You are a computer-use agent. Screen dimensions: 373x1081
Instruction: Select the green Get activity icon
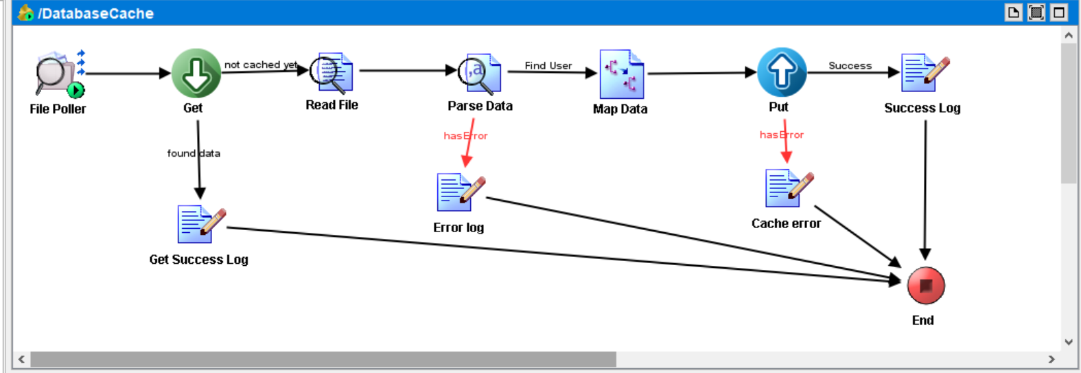(196, 73)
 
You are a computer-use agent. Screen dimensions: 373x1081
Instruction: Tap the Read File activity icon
(332, 73)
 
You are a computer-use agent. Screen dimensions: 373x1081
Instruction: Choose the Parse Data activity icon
(480, 74)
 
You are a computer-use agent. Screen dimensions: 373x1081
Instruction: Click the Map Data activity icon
(621, 74)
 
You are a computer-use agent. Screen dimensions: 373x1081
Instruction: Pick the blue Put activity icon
(781, 72)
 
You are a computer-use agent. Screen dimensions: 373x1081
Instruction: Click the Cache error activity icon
(788, 188)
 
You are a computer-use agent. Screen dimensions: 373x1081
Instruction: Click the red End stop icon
(925, 286)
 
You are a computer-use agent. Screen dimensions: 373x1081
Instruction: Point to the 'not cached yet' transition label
(261, 65)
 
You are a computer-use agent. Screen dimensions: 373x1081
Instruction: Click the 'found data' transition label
(194, 153)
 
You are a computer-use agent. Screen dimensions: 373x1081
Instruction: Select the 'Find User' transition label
(548, 65)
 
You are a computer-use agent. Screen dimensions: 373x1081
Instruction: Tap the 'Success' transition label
(850, 65)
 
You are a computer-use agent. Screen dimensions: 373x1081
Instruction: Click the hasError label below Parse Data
(465, 135)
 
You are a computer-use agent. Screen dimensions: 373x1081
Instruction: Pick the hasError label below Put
(781, 135)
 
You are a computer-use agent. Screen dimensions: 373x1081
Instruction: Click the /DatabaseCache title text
(95, 13)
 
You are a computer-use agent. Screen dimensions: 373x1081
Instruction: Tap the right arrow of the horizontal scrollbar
(1051, 359)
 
